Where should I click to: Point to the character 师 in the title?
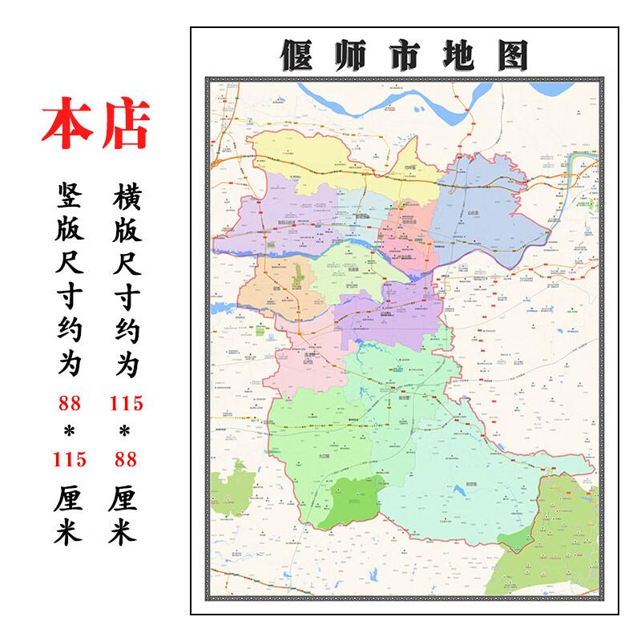click(350, 55)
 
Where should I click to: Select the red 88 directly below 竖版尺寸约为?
click(67, 404)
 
